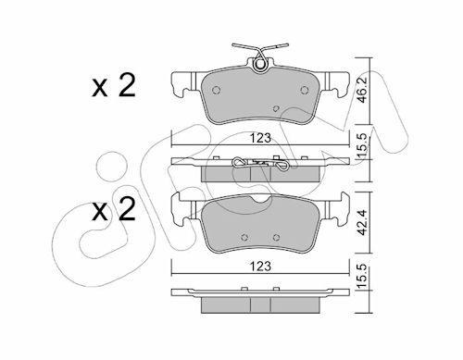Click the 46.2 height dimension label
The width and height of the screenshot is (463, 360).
coord(362,90)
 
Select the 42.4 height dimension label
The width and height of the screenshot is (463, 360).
coord(362,222)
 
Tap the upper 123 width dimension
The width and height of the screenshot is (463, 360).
coord(260,138)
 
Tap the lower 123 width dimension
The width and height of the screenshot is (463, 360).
coord(260,267)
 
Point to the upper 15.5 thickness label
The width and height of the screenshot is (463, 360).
coord(362,145)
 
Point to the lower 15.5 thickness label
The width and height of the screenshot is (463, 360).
coord(362,276)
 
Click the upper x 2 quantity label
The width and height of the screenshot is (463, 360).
coord(114,86)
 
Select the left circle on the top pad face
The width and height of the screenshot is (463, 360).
coord(217,90)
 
